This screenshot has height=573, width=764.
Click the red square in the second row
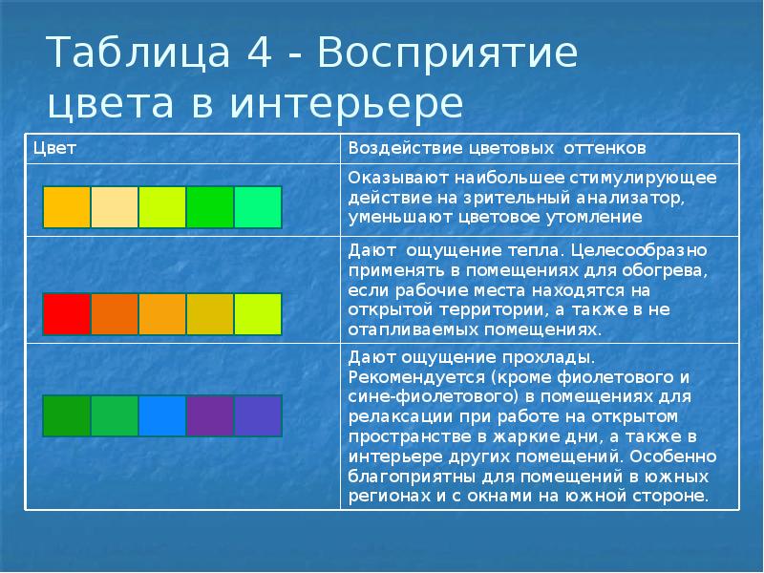[x=67, y=314]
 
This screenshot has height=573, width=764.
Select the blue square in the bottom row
[x=162, y=415]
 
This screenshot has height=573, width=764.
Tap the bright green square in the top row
[x=210, y=206]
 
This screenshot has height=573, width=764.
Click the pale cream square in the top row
[x=115, y=206]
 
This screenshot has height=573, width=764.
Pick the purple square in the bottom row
[x=210, y=415]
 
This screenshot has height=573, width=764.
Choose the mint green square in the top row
[x=258, y=206]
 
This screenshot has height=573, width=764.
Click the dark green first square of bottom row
[x=67, y=415]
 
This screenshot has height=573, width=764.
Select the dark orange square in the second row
[x=115, y=314]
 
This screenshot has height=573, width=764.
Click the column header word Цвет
[x=54, y=148]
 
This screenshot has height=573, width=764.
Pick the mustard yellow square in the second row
[x=210, y=314]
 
